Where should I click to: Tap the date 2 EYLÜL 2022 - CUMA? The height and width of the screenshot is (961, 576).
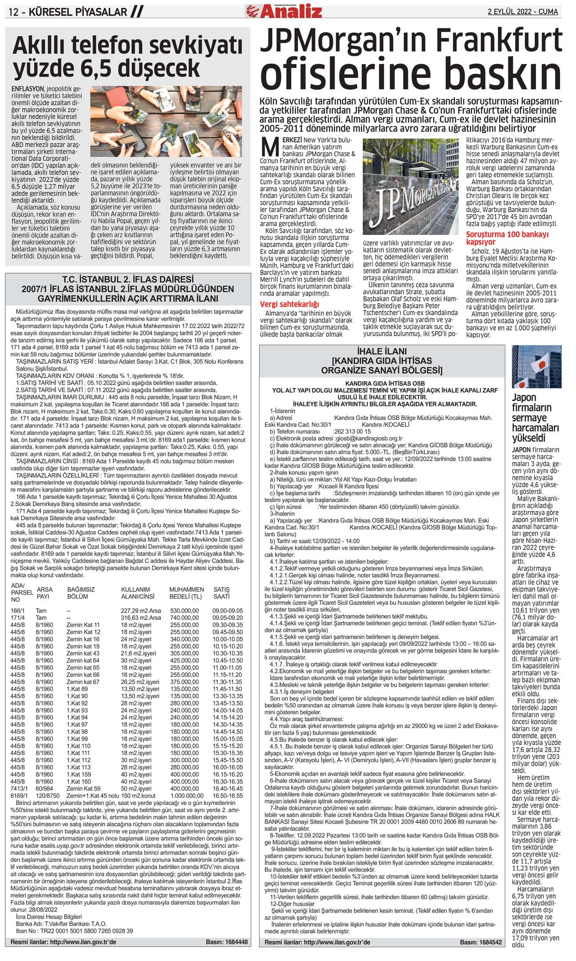(523, 12)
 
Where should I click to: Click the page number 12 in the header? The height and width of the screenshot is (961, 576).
(13, 12)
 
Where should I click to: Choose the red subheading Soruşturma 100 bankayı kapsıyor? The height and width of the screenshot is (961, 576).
(507, 238)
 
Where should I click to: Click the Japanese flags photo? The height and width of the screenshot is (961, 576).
(536, 367)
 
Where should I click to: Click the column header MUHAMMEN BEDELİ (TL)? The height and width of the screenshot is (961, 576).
(186, 593)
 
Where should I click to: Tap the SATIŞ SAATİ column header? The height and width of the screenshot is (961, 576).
(222, 593)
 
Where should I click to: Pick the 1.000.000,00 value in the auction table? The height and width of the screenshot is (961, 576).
(186, 796)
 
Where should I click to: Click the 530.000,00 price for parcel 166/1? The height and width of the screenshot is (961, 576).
(184, 611)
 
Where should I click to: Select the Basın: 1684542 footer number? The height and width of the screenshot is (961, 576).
(480, 942)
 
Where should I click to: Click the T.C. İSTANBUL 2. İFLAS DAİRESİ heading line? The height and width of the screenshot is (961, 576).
(128, 279)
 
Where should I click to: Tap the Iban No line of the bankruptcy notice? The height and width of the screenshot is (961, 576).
(74, 931)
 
